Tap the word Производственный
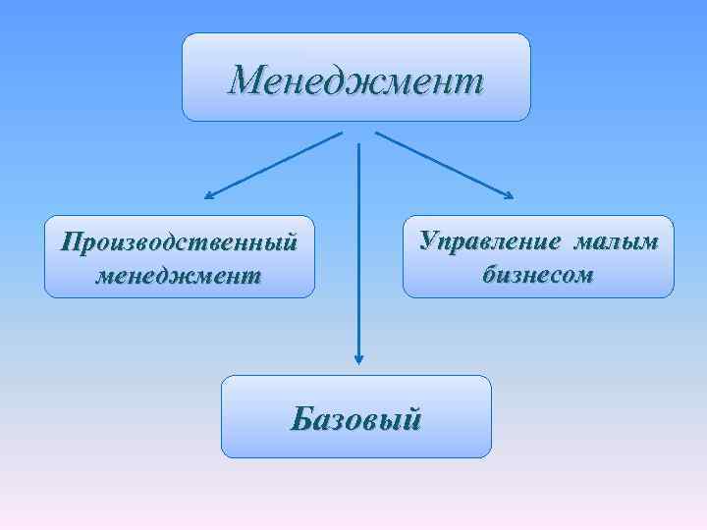(x=179, y=241)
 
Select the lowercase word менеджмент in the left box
(x=179, y=276)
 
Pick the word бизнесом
(x=538, y=275)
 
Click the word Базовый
(x=356, y=419)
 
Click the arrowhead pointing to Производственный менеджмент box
(x=209, y=195)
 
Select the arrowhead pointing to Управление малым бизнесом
(x=508, y=195)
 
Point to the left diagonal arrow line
(x=275, y=164)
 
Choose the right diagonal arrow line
(x=442, y=164)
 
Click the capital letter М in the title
(x=245, y=79)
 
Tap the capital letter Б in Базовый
(x=300, y=419)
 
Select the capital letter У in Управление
(x=429, y=241)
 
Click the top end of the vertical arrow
(x=359, y=144)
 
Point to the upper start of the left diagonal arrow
(x=341, y=132)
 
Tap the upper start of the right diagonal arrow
(x=377, y=132)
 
